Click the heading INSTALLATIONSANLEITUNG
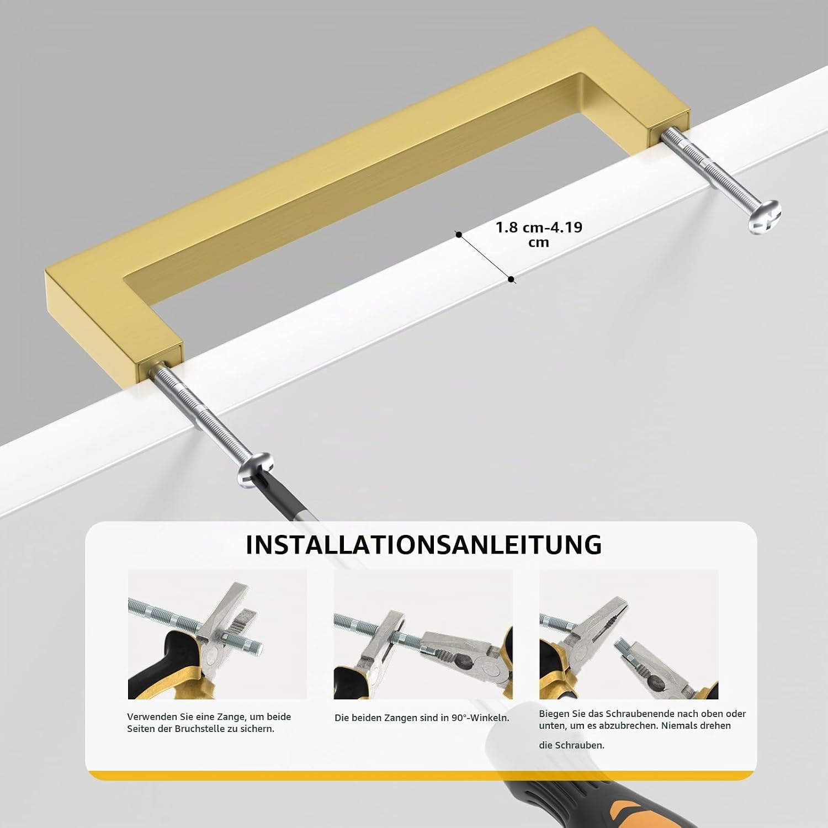[x=423, y=544]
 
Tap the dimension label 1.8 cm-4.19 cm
[x=539, y=235]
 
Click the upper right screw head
[x=764, y=215]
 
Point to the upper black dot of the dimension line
[x=458, y=235]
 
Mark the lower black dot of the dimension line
[x=511, y=279]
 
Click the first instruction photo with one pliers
[x=217, y=634]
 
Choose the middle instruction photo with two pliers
[x=423, y=634]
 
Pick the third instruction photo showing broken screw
[x=629, y=634]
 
